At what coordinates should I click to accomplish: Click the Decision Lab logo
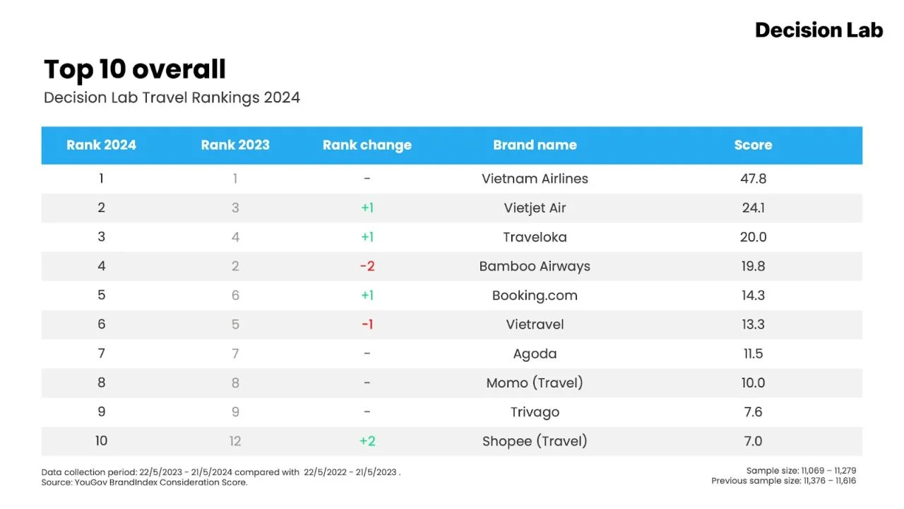pos(819,30)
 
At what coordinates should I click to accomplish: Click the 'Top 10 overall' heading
pos(135,69)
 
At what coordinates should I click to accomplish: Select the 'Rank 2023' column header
pos(235,145)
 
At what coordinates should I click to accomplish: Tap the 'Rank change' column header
pos(367,145)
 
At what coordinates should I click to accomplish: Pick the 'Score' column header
pos(753,145)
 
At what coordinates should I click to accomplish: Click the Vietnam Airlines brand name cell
pos(535,179)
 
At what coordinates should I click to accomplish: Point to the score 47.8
pos(753,179)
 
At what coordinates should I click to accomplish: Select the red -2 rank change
pos(367,267)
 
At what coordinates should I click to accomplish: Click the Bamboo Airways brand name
pos(535,267)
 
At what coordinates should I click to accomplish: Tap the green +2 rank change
pos(367,441)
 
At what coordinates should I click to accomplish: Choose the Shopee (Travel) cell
pos(535,441)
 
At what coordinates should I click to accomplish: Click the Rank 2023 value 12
pos(235,441)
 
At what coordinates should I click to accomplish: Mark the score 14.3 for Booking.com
pos(753,296)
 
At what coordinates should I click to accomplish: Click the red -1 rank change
pos(367,324)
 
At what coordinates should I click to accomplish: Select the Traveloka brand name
pos(535,237)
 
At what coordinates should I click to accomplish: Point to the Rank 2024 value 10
pos(101,440)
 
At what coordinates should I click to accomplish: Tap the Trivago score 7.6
pos(753,412)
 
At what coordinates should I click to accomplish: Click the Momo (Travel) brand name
pos(535,383)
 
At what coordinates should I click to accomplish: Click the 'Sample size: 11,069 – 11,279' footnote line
pos(801,471)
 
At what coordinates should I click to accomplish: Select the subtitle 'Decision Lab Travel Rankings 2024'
pos(172,98)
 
